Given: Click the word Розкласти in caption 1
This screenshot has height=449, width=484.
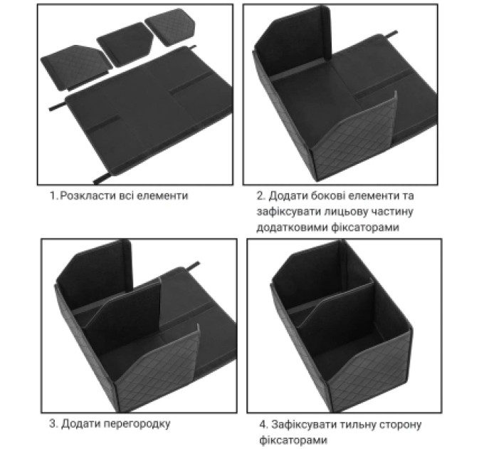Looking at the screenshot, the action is (x=90, y=196).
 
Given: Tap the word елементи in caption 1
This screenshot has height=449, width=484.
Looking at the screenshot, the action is (x=162, y=196).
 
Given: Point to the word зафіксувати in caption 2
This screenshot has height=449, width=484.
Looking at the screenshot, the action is (x=288, y=212).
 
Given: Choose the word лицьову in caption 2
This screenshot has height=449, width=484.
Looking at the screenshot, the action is (x=346, y=212).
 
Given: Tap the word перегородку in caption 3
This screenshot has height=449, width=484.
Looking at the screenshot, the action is (x=137, y=424).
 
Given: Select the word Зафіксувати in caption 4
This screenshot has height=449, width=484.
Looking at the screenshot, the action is (x=303, y=425).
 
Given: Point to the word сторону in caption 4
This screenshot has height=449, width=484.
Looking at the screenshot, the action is (x=399, y=425).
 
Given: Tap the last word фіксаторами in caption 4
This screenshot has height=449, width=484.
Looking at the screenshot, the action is (x=293, y=440).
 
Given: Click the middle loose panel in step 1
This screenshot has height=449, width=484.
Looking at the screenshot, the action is (x=125, y=44).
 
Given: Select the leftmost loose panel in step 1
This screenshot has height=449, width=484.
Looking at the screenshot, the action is (x=75, y=67).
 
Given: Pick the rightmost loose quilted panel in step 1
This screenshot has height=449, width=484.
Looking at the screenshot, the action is (x=170, y=27).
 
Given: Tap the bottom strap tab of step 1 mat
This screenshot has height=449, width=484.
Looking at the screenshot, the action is (x=102, y=178).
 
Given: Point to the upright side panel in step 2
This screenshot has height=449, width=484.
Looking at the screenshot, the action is (x=293, y=40).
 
